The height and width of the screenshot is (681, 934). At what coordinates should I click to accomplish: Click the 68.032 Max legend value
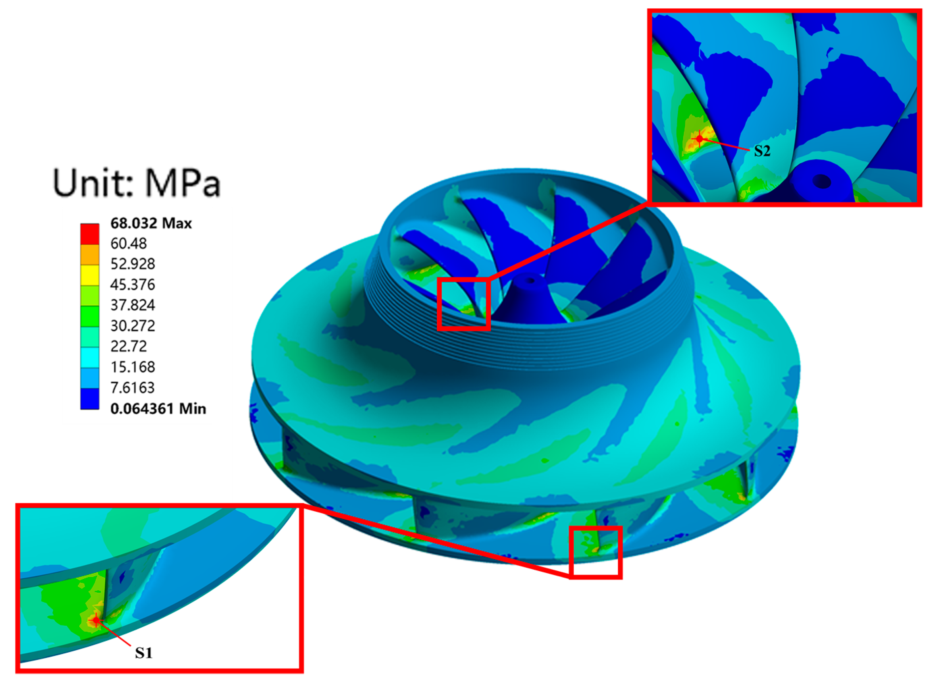tap(151, 223)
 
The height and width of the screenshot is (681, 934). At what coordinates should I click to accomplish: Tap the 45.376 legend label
tap(132, 285)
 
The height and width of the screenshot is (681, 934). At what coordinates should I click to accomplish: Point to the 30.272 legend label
tap(132, 326)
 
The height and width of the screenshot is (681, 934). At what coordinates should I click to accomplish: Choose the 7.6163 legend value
tap(132, 388)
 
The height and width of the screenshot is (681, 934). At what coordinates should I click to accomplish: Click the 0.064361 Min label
tap(158, 409)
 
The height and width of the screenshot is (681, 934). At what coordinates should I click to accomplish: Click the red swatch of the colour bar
tap(90, 234)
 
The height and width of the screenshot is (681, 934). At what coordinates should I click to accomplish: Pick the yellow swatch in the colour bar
tap(90, 275)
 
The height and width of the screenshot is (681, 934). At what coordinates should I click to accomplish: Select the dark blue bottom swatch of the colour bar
tap(90, 399)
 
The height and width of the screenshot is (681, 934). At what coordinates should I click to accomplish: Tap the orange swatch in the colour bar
tap(90, 254)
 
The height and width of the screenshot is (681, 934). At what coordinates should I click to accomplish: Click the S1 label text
tap(144, 653)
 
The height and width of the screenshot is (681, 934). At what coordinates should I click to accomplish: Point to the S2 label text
tap(762, 151)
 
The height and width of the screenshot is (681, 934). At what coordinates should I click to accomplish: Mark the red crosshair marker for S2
tap(700, 139)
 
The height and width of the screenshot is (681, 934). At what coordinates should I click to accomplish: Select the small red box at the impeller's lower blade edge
tap(595, 552)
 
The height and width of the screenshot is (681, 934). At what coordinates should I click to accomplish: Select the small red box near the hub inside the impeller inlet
tap(464, 304)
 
